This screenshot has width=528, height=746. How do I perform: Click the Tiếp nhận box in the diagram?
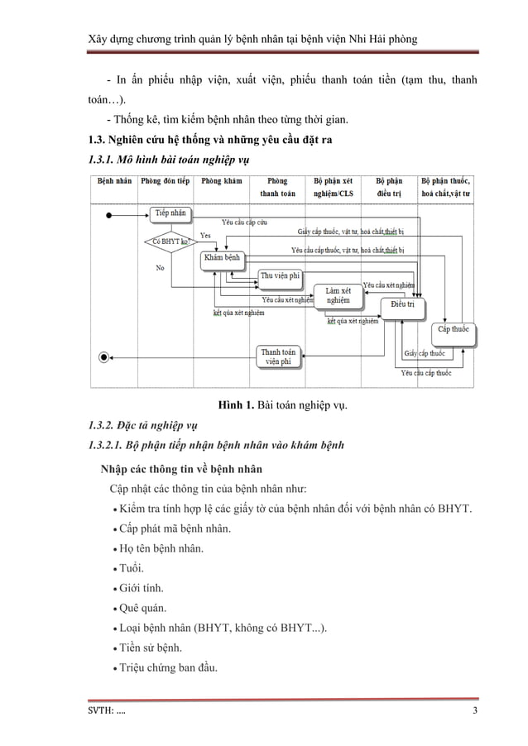[170, 214]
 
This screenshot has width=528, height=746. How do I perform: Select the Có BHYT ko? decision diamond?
[170, 241]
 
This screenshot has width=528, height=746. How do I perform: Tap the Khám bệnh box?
[222, 260]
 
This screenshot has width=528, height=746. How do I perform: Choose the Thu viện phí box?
[281, 276]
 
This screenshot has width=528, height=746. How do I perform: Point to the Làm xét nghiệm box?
[338, 296]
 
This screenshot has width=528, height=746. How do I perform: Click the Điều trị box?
[402, 307]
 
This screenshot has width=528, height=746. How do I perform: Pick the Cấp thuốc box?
[454, 330]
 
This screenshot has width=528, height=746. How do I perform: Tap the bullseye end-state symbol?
[103, 357]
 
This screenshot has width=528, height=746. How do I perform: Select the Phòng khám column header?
[221, 181]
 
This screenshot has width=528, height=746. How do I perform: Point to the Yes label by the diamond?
[205, 235]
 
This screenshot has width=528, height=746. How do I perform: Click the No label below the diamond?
[160, 267]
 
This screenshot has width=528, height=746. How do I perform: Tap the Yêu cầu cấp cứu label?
[244, 222]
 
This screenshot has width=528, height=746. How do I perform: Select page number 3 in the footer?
[475, 713]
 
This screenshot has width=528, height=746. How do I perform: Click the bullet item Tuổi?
[130, 569]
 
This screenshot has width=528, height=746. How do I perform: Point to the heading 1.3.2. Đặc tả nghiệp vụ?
[144, 427]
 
